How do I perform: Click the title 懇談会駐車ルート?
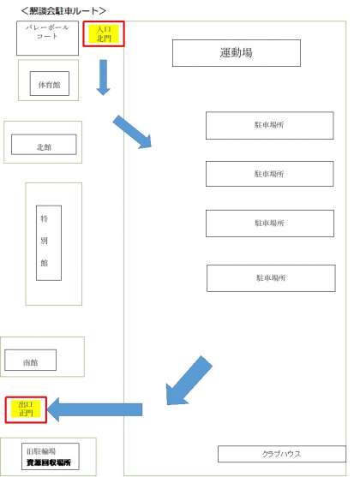tap(63, 10)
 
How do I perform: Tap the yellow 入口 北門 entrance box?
tap(104, 33)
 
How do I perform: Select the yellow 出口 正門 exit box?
tap(26, 409)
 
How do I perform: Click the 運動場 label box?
tap(237, 53)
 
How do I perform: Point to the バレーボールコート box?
tap(47, 38)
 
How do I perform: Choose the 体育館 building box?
tap(50, 83)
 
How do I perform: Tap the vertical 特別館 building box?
tap(49, 242)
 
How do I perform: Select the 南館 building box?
tap(31, 360)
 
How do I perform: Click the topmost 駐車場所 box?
tap(269, 125)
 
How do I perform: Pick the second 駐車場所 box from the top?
tap(269, 174)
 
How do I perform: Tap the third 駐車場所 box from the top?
tap(270, 224)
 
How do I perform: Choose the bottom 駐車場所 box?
tap(271, 278)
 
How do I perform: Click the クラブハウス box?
tap(282, 454)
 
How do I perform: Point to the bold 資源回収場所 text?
tap(49, 462)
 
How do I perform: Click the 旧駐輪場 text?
tap(41, 451)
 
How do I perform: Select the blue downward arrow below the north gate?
tap(103, 77)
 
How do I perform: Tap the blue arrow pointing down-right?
tap(132, 132)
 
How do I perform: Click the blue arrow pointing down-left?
tap(189, 381)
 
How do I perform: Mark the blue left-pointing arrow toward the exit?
tap(95, 409)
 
